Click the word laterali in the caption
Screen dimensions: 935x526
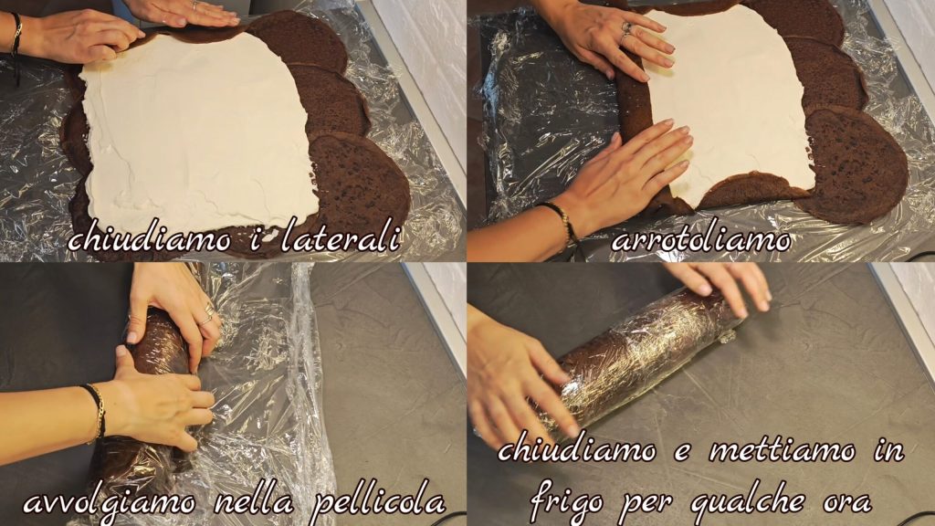click(x=340, y=237)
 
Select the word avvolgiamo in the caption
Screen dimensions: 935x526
click(x=110, y=504)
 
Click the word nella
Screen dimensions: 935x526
click(x=254, y=503)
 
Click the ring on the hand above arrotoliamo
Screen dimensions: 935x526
click(x=626, y=29)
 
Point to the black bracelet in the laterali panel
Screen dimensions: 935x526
click(x=16, y=42)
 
